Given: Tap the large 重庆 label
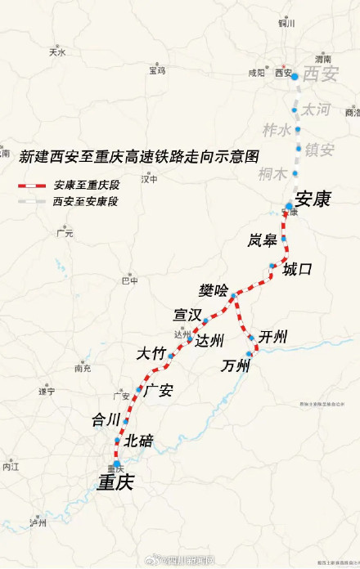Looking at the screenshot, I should click(x=115, y=483).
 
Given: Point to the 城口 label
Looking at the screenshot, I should click(x=297, y=269).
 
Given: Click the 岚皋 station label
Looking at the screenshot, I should click(x=263, y=240).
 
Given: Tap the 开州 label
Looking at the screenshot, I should click(x=272, y=337).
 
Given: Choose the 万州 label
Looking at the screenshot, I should click(x=235, y=365).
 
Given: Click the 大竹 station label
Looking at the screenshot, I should click(x=151, y=354).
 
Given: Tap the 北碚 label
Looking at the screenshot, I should click(x=139, y=441).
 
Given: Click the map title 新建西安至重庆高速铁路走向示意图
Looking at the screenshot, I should click(x=138, y=155).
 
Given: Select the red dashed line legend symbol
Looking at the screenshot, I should click(x=33, y=186).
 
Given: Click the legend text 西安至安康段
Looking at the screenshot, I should click(x=86, y=200).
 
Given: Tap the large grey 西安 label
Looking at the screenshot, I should click(x=320, y=75).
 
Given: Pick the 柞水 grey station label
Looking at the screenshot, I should click(x=277, y=130).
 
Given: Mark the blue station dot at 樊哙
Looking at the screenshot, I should click(x=233, y=295).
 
